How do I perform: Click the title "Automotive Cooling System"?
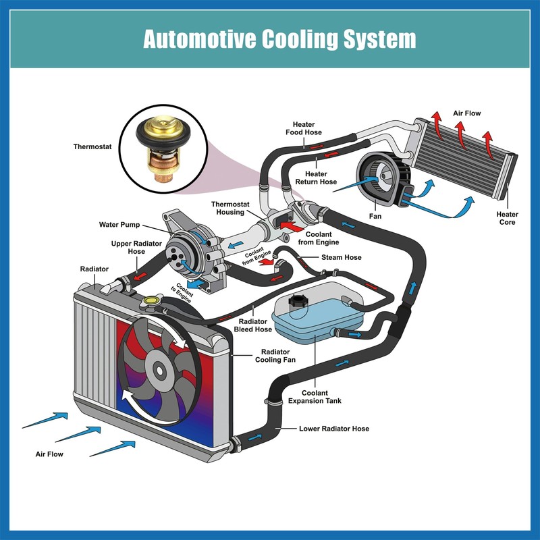coord(279,39)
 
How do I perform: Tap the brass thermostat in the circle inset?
coord(163,147)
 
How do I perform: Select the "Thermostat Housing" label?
coord(230,209)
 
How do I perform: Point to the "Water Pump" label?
coord(119,225)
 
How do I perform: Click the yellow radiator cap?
coord(151,300)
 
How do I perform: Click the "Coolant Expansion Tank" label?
coord(315,397)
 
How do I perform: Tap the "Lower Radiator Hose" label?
coord(334,429)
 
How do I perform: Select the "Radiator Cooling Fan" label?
coord(275,356)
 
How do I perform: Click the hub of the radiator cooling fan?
coord(160,371)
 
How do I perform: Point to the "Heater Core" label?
coord(508,218)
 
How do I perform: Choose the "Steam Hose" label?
coord(342,257)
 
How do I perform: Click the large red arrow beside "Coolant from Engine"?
coord(292,226)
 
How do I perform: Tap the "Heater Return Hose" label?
coord(316,178)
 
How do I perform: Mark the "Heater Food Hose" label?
coord(303,128)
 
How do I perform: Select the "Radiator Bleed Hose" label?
coord(252,325)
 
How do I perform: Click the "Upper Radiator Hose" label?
coord(136,248)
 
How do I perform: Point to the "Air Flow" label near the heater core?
coord(466,113)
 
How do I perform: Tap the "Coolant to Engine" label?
coord(182,293)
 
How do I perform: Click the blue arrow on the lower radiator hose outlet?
coord(255,437)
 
